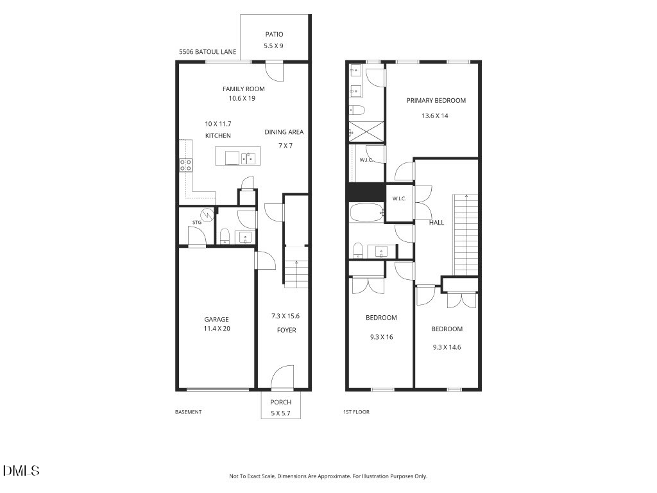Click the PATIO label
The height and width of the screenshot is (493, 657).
click(x=274, y=35)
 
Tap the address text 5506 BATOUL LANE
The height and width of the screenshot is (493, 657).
click(x=207, y=52)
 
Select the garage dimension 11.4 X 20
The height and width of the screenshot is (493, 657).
click(x=217, y=329)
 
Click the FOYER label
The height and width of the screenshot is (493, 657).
click(x=286, y=331)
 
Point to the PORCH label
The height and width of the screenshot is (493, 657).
click(x=280, y=402)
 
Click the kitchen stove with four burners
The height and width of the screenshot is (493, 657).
click(x=185, y=165)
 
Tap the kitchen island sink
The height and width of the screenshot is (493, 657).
click(x=248, y=159)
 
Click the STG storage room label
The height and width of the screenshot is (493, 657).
click(x=196, y=223)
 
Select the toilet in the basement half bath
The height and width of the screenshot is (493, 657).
click(x=225, y=236)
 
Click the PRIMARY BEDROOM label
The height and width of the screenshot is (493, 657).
click(x=436, y=101)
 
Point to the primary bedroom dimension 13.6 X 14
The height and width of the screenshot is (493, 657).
click(x=434, y=116)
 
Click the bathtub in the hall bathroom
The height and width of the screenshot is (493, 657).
click(x=366, y=213)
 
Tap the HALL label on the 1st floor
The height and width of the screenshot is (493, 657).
click(x=436, y=223)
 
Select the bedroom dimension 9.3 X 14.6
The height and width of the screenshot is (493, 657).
click(x=447, y=347)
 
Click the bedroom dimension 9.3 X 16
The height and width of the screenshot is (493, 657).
click(x=381, y=337)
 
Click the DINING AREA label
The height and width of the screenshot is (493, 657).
click(x=284, y=132)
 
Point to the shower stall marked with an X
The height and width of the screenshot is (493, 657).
click(x=366, y=132)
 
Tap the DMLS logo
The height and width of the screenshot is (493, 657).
click(x=21, y=471)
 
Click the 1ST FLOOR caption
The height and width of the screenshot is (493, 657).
click(x=356, y=412)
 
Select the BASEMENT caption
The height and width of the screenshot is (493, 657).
click(x=188, y=412)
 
